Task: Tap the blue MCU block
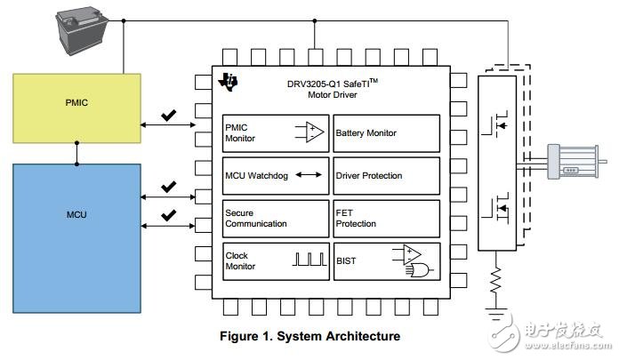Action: point(76,236)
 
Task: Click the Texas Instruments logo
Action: point(231,82)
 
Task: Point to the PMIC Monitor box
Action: point(275,133)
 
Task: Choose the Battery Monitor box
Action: point(386,133)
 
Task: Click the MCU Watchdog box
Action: point(275,176)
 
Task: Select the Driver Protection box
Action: point(386,176)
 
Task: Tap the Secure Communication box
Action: point(275,219)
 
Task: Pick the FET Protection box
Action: point(386,219)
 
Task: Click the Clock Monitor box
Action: point(275,261)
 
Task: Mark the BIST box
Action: point(386,261)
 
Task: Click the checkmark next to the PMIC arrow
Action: point(168,116)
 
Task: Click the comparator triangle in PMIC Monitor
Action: point(311,133)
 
